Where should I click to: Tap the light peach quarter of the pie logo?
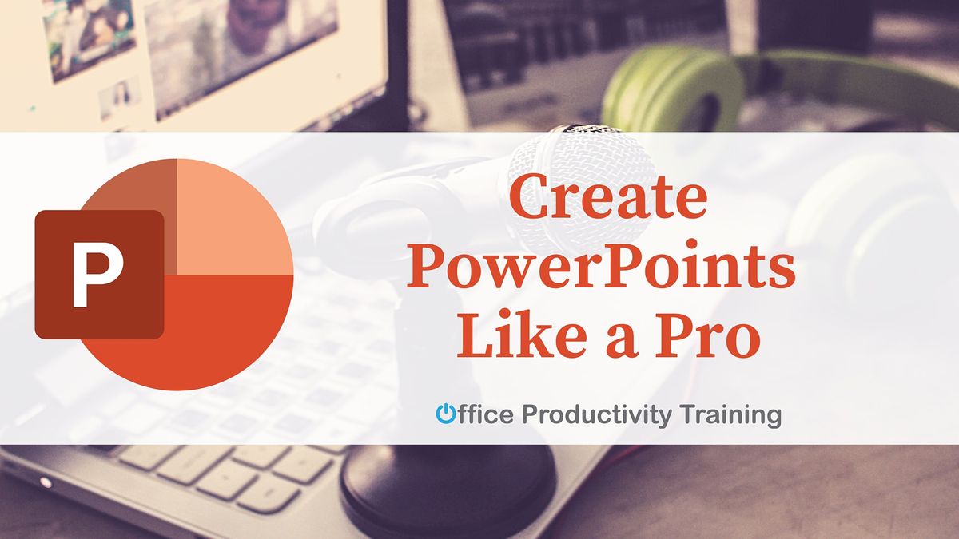tap(232, 216)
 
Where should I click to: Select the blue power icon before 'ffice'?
tap(445, 414)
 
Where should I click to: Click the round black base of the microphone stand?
tap(448, 487)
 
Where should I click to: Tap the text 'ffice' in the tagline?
tap(484, 414)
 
